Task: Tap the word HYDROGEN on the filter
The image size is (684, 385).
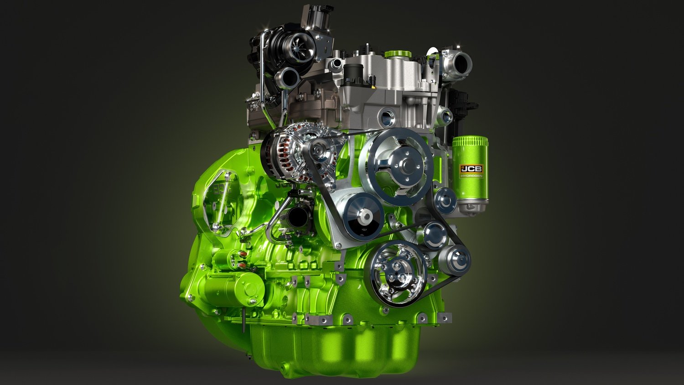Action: [472, 176]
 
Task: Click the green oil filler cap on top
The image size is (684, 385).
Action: [398, 54]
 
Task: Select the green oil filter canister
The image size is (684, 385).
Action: [470, 174]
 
